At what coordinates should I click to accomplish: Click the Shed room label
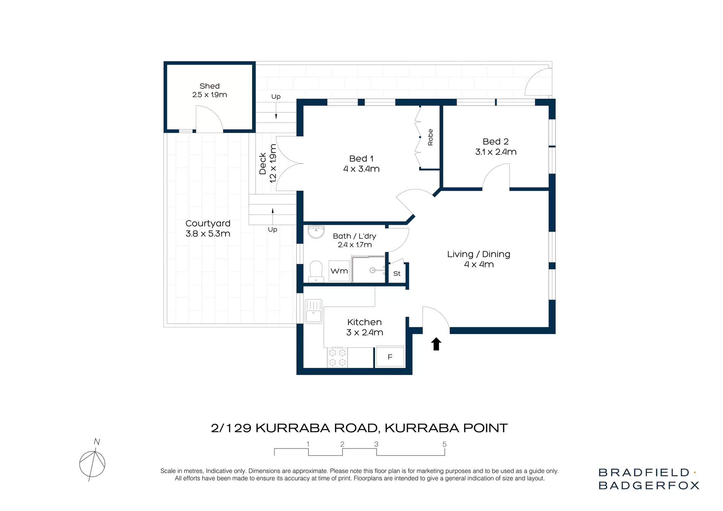pyautogui.click(x=209, y=86)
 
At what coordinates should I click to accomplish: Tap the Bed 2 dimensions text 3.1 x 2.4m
pyautogui.click(x=496, y=152)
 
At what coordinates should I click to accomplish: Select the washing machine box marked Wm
pyautogui.click(x=339, y=271)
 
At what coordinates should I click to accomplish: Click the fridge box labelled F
pyautogui.click(x=390, y=356)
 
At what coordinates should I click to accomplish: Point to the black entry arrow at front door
pyautogui.click(x=436, y=344)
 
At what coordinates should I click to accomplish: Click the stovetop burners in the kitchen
pyautogui.click(x=337, y=357)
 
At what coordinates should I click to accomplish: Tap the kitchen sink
pyautogui.click(x=313, y=311)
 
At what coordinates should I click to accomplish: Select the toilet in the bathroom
pyautogui.click(x=316, y=271)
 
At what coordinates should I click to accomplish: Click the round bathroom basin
pyautogui.click(x=316, y=231)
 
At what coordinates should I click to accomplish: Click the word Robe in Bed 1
pyautogui.click(x=430, y=137)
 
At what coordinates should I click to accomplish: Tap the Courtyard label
pyautogui.click(x=208, y=223)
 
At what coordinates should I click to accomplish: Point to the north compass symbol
pyautogui.click(x=92, y=463)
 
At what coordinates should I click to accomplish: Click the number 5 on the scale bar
pyautogui.click(x=444, y=444)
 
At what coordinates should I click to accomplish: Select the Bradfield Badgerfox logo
pyautogui.click(x=648, y=479)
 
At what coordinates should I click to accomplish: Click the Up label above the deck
pyautogui.click(x=276, y=96)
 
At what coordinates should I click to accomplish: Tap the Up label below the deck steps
pyautogui.click(x=272, y=229)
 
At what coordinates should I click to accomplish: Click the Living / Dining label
pyautogui.click(x=479, y=254)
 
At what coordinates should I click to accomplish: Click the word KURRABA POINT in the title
pyautogui.click(x=446, y=428)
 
